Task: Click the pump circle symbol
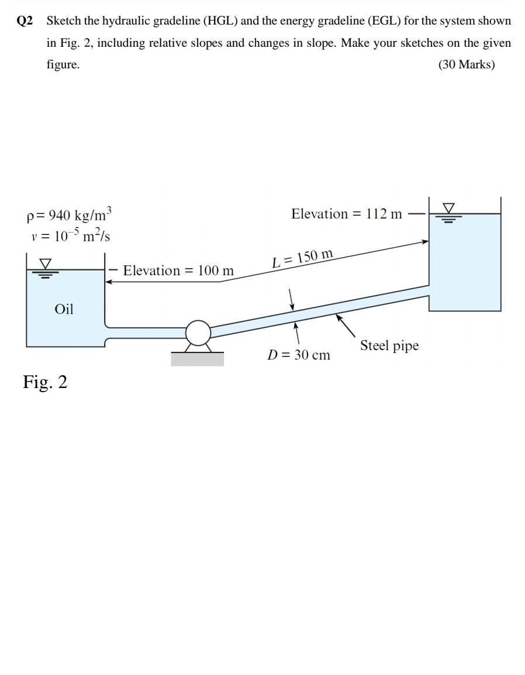pos(198,333)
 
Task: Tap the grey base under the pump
pos(197,359)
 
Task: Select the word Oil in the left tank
pos(64,309)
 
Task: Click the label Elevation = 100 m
pos(178,271)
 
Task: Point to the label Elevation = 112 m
pos(347,214)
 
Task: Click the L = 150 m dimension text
pos(303,257)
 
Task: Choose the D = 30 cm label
pos(299,355)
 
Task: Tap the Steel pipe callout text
pos(389,345)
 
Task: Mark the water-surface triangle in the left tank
pos(44,264)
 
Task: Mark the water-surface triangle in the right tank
pos(448,207)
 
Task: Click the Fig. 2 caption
pos(45,382)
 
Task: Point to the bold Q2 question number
pos(25,21)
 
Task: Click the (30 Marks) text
pos(466,64)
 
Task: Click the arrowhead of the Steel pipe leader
pos(337,316)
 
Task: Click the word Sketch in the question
pos(64,21)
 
